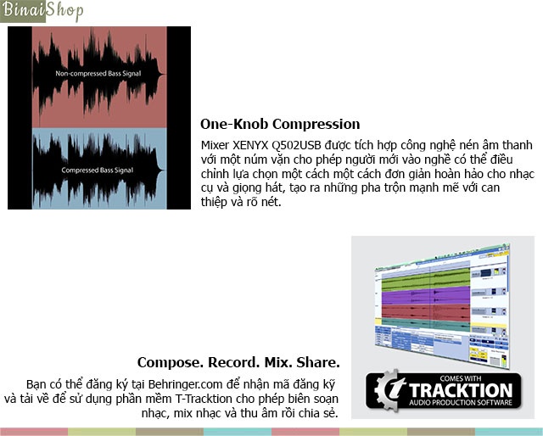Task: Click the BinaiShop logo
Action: (42, 11)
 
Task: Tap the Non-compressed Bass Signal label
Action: (98, 74)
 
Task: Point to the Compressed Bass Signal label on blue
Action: (98, 170)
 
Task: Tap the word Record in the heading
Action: (234, 362)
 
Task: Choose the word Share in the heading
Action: (316, 362)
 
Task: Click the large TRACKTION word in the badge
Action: (461, 390)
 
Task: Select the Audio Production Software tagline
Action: (461, 403)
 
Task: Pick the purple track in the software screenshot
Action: (426, 297)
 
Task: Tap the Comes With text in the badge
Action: (461, 378)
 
